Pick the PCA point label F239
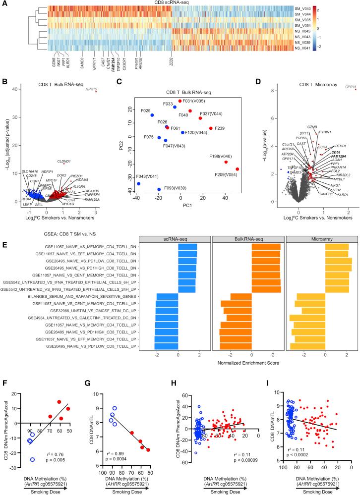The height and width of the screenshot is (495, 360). tap(220, 128)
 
